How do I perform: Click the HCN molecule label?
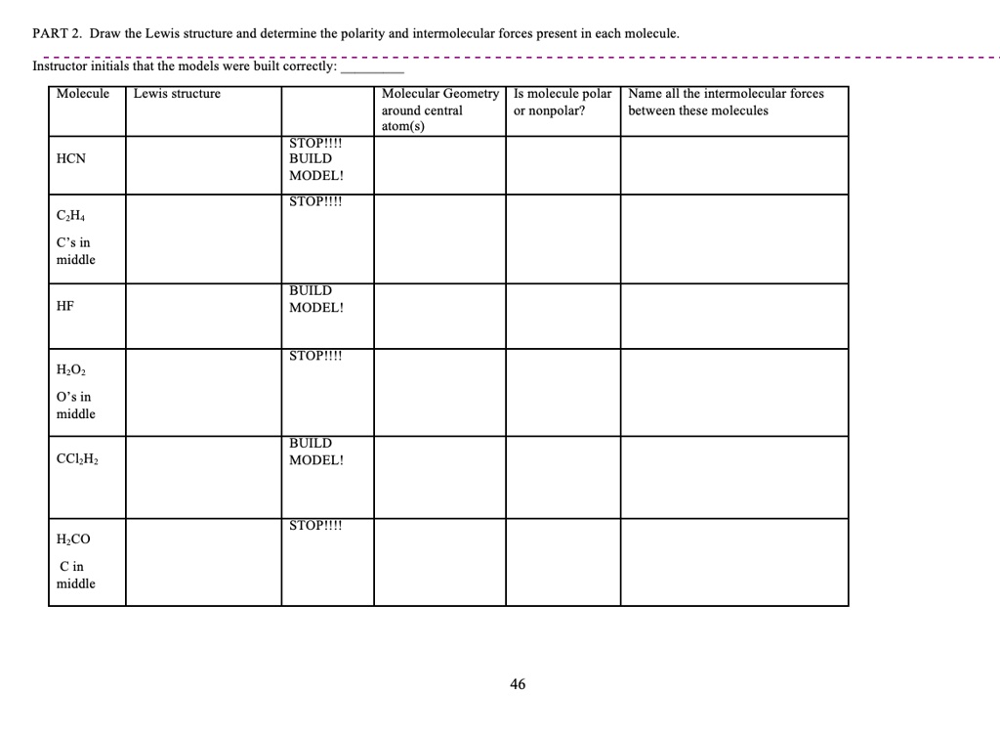71,158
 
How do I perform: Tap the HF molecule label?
65,306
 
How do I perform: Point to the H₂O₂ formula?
72,370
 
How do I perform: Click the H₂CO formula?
73,538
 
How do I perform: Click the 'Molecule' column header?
83,94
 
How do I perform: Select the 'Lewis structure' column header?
177,94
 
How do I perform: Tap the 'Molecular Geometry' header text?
439,94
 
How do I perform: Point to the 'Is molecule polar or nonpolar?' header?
562,102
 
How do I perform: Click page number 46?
518,684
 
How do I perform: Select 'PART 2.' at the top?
57,33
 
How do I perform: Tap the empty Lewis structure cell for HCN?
203,165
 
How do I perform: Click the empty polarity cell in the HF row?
562,316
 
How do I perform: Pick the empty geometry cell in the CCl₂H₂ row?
439,477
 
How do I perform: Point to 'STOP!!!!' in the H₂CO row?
315,526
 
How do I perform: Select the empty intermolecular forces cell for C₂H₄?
734,238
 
